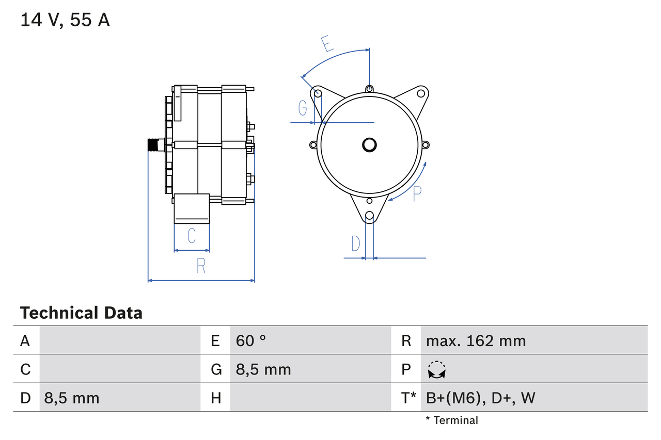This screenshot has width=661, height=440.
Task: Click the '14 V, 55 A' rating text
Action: tap(65, 21)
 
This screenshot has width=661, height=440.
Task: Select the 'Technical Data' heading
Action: tap(81, 313)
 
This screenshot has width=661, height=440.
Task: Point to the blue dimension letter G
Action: tap(303, 108)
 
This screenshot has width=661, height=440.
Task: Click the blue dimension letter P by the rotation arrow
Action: tap(417, 193)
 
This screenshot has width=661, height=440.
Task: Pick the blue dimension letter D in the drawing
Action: tap(356, 243)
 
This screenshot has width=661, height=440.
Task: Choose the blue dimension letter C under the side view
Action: tap(192, 236)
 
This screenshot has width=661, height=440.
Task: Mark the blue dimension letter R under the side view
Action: tap(201, 266)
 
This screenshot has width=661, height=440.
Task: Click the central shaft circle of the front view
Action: tap(369, 145)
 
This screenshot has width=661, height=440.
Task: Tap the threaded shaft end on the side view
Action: tap(154, 145)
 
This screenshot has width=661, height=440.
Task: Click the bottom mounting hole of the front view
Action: tap(369, 216)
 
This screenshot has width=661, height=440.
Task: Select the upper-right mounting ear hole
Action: tap(421, 93)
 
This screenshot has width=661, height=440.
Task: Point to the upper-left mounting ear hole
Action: tap(318, 93)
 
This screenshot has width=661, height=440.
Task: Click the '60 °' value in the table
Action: tap(251, 340)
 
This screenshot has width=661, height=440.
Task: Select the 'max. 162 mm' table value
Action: tap(476, 340)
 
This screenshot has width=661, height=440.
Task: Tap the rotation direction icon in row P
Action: tap(437, 370)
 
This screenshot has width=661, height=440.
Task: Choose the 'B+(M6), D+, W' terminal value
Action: tap(480, 398)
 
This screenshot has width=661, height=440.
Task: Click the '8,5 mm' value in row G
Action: tap(263, 369)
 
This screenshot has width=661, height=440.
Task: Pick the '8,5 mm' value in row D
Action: tap(72, 398)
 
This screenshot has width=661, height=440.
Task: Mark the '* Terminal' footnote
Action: tap(452, 420)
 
